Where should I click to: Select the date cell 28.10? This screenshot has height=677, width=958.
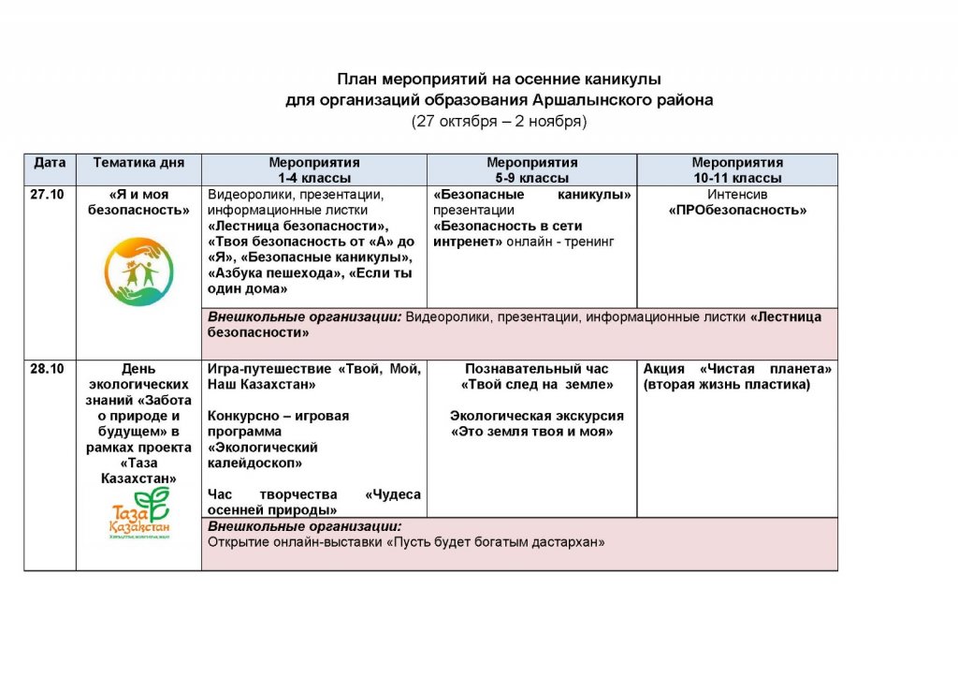click(47, 369)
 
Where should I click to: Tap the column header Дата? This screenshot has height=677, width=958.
click(50, 163)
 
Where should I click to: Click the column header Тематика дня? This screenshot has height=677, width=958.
click(138, 163)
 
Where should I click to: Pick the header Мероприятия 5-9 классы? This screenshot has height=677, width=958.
click(531, 169)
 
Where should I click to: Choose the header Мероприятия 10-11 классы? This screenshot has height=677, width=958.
click(737, 169)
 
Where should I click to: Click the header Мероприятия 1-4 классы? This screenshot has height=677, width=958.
click(314, 169)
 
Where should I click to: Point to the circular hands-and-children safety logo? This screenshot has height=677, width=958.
click(138, 271)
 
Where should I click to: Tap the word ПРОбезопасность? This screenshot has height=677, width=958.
click(737, 211)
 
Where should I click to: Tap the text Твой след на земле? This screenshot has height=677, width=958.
click(537, 385)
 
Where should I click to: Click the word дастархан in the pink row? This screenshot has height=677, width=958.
click(573, 541)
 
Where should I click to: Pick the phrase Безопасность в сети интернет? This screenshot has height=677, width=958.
click(508, 233)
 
